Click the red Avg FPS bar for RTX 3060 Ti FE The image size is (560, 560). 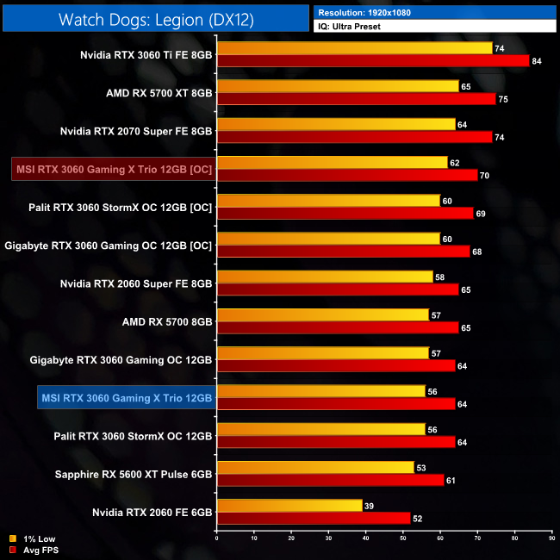coord(372,60)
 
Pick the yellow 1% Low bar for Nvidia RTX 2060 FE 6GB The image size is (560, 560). coord(289,505)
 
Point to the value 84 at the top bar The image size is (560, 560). coord(537,60)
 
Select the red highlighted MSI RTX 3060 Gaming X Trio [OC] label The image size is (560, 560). coord(114,170)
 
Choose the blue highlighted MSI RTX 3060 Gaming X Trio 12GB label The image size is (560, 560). coord(126,397)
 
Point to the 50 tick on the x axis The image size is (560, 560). coord(403,540)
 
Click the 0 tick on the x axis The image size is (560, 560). coord(217,540)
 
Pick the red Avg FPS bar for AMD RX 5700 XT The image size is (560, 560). coord(356,98)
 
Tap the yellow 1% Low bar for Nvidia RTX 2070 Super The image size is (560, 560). coord(336,124)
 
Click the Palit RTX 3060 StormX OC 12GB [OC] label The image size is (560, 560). coord(121,208)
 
